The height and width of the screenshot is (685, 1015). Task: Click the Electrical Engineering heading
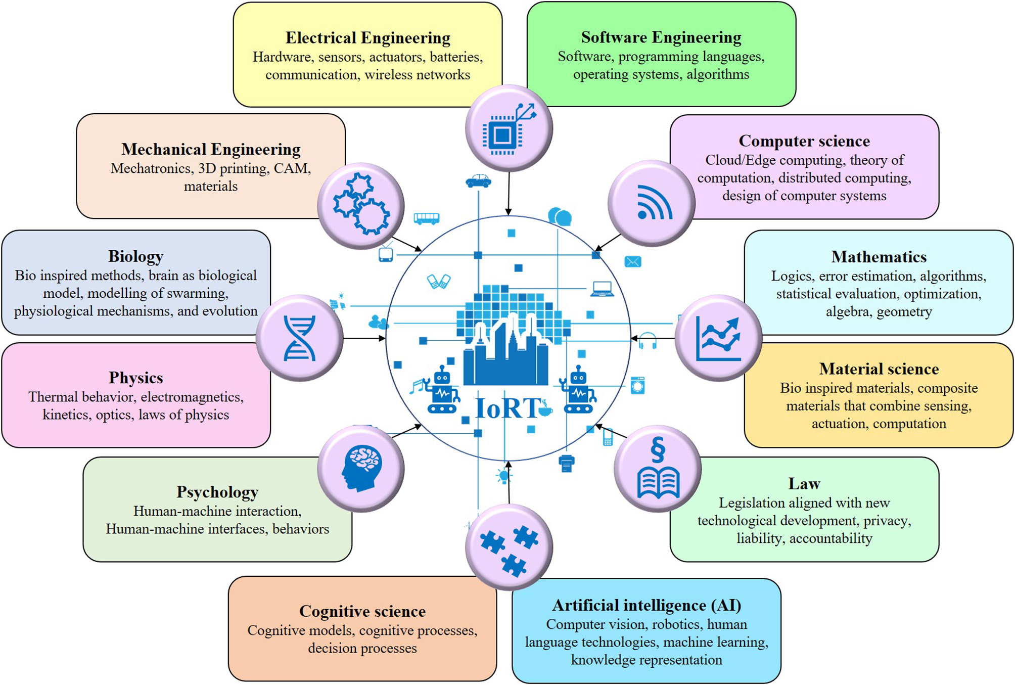point(367,38)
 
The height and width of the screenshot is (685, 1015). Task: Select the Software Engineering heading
point(661,37)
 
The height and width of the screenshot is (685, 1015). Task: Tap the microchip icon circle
point(509,128)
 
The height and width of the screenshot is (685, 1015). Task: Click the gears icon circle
point(361,206)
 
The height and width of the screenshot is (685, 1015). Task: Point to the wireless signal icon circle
point(652,203)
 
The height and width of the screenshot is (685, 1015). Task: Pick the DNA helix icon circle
point(300,338)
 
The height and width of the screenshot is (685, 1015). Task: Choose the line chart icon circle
point(718,338)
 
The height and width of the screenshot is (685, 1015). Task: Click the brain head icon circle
point(361,469)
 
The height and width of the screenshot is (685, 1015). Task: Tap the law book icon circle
point(658,469)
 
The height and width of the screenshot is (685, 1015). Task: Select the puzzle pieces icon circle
point(509,547)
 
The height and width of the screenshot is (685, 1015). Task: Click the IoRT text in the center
point(507,408)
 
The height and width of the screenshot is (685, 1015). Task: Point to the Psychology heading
point(217,492)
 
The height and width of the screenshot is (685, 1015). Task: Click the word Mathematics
point(879,257)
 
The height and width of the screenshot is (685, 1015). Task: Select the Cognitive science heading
point(362,611)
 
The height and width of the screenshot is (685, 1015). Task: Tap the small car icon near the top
point(478,180)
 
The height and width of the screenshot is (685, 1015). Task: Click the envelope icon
point(633,261)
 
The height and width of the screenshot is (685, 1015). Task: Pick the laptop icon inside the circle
point(602,289)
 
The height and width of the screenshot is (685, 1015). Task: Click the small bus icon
point(426,218)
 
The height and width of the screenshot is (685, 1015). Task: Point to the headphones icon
point(648,341)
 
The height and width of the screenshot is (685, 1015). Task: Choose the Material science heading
point(879,369)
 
